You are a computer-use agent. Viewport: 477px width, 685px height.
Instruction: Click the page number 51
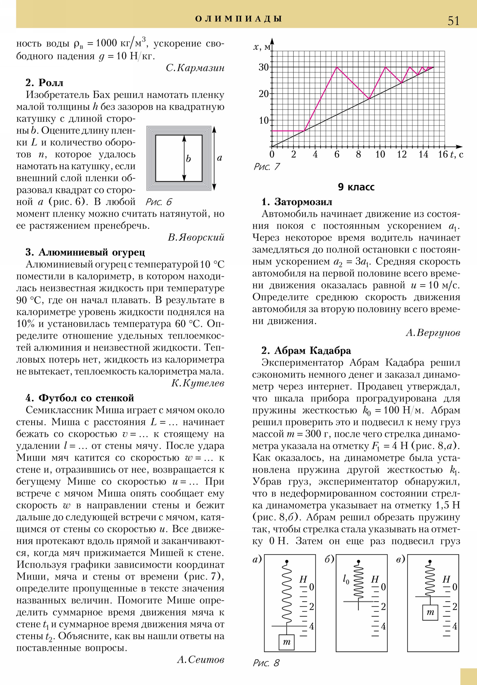tap(453, 21)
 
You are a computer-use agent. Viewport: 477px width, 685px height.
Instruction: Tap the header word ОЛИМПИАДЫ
tap(238, 19)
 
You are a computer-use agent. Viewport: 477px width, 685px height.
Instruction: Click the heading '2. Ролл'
tap(44, 82)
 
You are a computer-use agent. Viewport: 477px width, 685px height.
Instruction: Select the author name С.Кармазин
tap(195, 68)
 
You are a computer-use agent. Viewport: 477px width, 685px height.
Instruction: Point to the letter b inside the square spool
tap(188, 158)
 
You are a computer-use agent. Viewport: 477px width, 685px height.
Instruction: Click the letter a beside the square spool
tap(219, 158)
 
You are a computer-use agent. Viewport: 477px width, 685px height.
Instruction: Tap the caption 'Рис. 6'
tap(159, 202)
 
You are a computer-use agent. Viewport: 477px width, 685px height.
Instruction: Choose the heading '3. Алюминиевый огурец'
tap(85, 252)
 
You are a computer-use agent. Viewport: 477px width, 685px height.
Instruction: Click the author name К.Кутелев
tap(197, 383)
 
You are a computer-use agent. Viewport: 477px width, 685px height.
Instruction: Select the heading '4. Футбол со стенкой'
tap(80, 398)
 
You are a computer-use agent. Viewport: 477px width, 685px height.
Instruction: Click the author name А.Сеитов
tap(200, 659)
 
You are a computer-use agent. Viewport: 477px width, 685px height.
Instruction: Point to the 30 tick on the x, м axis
tap(264, 67)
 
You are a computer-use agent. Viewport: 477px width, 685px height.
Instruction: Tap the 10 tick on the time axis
tap(380, 154)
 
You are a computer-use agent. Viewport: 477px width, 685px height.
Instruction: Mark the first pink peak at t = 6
tap(337, 67)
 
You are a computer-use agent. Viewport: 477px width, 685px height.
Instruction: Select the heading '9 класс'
tap(356, 187)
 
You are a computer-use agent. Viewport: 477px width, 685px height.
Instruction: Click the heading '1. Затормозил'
tap(297, 202)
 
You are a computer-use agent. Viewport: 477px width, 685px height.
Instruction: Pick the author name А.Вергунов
tap(433, 333)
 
